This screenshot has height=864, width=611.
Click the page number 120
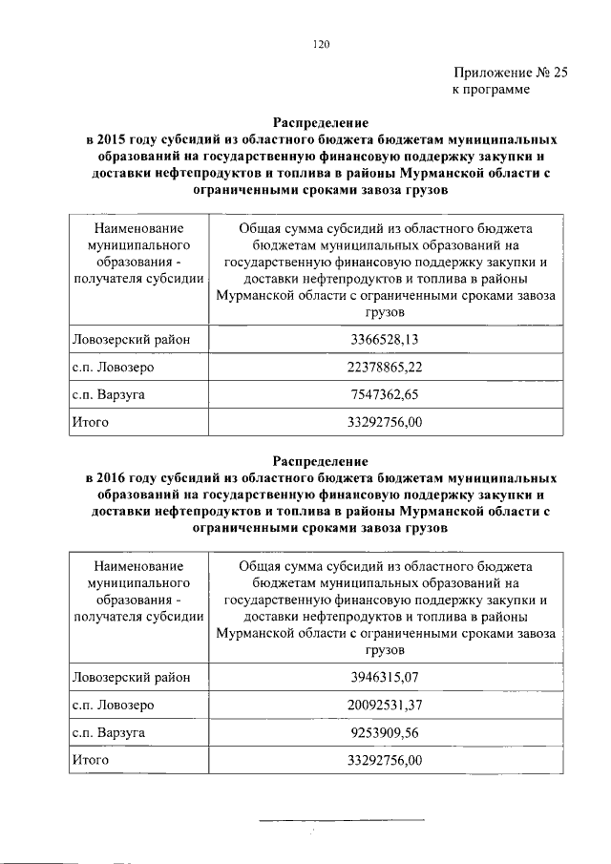[x=321, y=42]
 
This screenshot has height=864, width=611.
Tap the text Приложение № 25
[x=511, y=72]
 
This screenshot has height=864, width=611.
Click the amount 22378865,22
[x=385, y=367]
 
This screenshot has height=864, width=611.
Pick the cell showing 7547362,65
[x=385, y=393]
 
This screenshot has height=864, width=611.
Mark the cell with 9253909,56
[x=385, y=732]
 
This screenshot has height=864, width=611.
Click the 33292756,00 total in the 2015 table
[x=385, y=421]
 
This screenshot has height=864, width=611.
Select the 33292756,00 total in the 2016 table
[x=385, y=760]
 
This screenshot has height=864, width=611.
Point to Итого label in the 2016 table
[x=91, y=760]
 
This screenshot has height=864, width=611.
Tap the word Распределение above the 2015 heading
[x=320, y=123]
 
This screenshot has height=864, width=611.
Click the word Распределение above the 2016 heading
[x=320, y=461]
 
